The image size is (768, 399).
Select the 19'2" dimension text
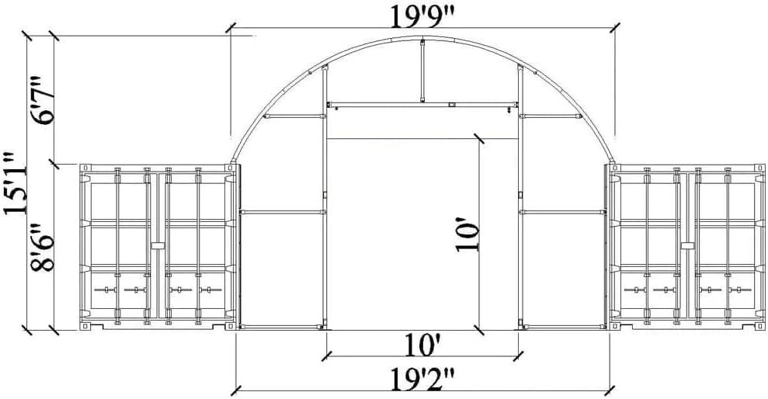pyautogui.click(x=422, y=379)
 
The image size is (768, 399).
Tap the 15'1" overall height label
pyautogui.click(x=15, y=182)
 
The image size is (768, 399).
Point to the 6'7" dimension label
pyautogui.click(x=42, y=100)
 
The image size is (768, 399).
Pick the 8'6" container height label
pyautogui.click(x=42, y=247)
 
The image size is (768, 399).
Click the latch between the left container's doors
pyautogui.click(x=158, y=245)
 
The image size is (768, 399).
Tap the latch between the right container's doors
pyautogui.click(x=687, y=245)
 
